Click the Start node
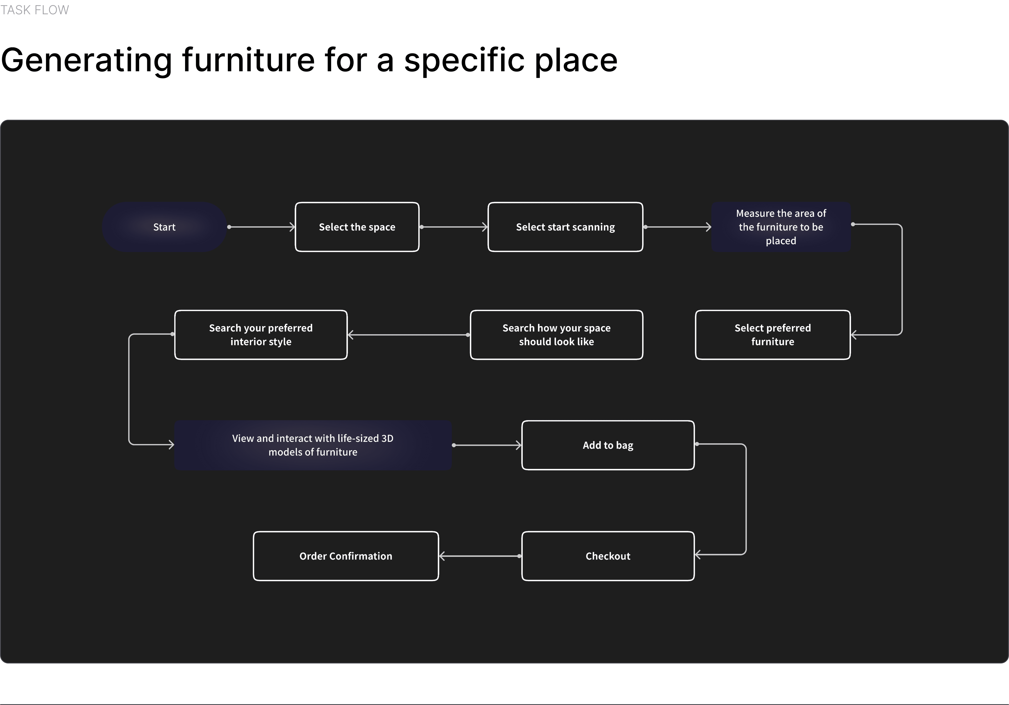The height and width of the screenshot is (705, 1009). [164, 227]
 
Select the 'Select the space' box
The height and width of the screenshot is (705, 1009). [357, 227]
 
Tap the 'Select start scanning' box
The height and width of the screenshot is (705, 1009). [565, 227]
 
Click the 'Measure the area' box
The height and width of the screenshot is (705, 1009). [781, 227]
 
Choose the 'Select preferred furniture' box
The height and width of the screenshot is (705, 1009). [773, 335]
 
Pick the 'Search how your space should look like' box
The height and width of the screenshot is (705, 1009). [556, 335]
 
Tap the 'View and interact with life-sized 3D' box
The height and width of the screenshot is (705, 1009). [313, 445]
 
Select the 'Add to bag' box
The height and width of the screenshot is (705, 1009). [608, 445]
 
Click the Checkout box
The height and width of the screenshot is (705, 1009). [608, 556]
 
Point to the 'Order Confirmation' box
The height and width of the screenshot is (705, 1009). [346, 556]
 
